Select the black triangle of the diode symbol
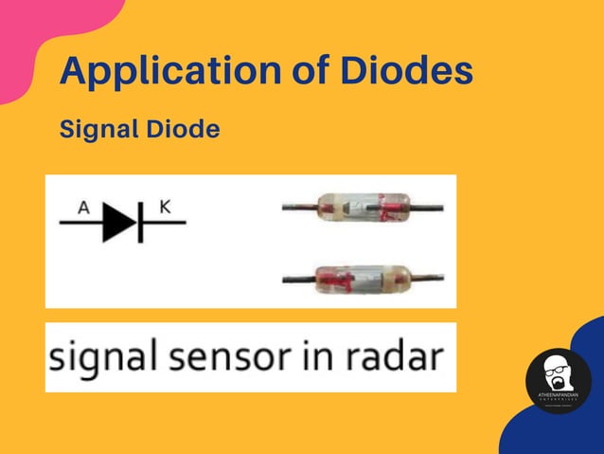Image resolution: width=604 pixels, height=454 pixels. [118, 223]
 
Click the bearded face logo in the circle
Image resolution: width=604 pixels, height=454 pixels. [558, 372]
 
